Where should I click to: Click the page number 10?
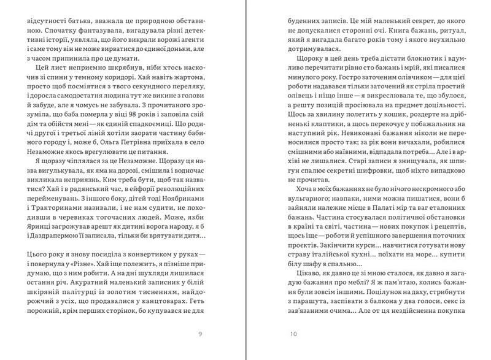[x=293, y=334]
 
